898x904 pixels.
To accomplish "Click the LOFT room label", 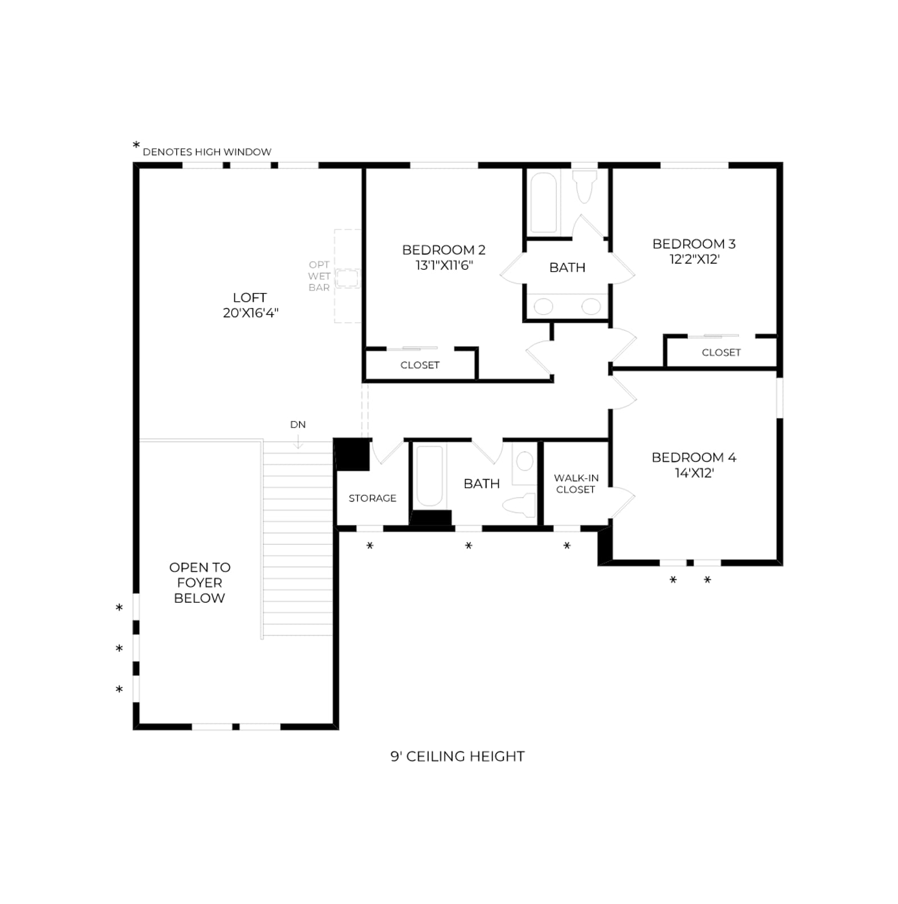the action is click(x=250, y=297).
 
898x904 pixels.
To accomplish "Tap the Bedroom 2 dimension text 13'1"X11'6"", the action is click(x=444, y=265).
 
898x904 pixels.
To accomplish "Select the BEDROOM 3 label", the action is click(x=694, y=244).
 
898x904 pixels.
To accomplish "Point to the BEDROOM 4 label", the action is click(x=694, y=457).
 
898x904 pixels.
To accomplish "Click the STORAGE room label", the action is click(x=372, y=498).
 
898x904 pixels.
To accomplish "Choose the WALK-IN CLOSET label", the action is click(x=576, y=484).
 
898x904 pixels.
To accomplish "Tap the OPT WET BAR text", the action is click(x=319, y=276).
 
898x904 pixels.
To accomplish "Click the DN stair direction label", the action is click(x=298, y=425).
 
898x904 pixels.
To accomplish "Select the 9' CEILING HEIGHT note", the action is click(x=457, y=756).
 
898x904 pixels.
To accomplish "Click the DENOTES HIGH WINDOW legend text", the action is click(x=207, y=152).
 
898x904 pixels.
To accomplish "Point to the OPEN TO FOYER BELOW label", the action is click(x=200, y=582).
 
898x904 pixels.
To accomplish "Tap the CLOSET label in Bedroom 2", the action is click(x=420, y=365).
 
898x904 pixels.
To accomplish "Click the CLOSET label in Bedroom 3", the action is click(x=721, y=352).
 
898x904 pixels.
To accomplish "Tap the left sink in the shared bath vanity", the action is click(x=543, y=306).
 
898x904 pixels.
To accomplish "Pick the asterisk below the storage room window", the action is click(x=370, y=545).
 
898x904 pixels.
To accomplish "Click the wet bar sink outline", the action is click(x=347, y=278).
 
